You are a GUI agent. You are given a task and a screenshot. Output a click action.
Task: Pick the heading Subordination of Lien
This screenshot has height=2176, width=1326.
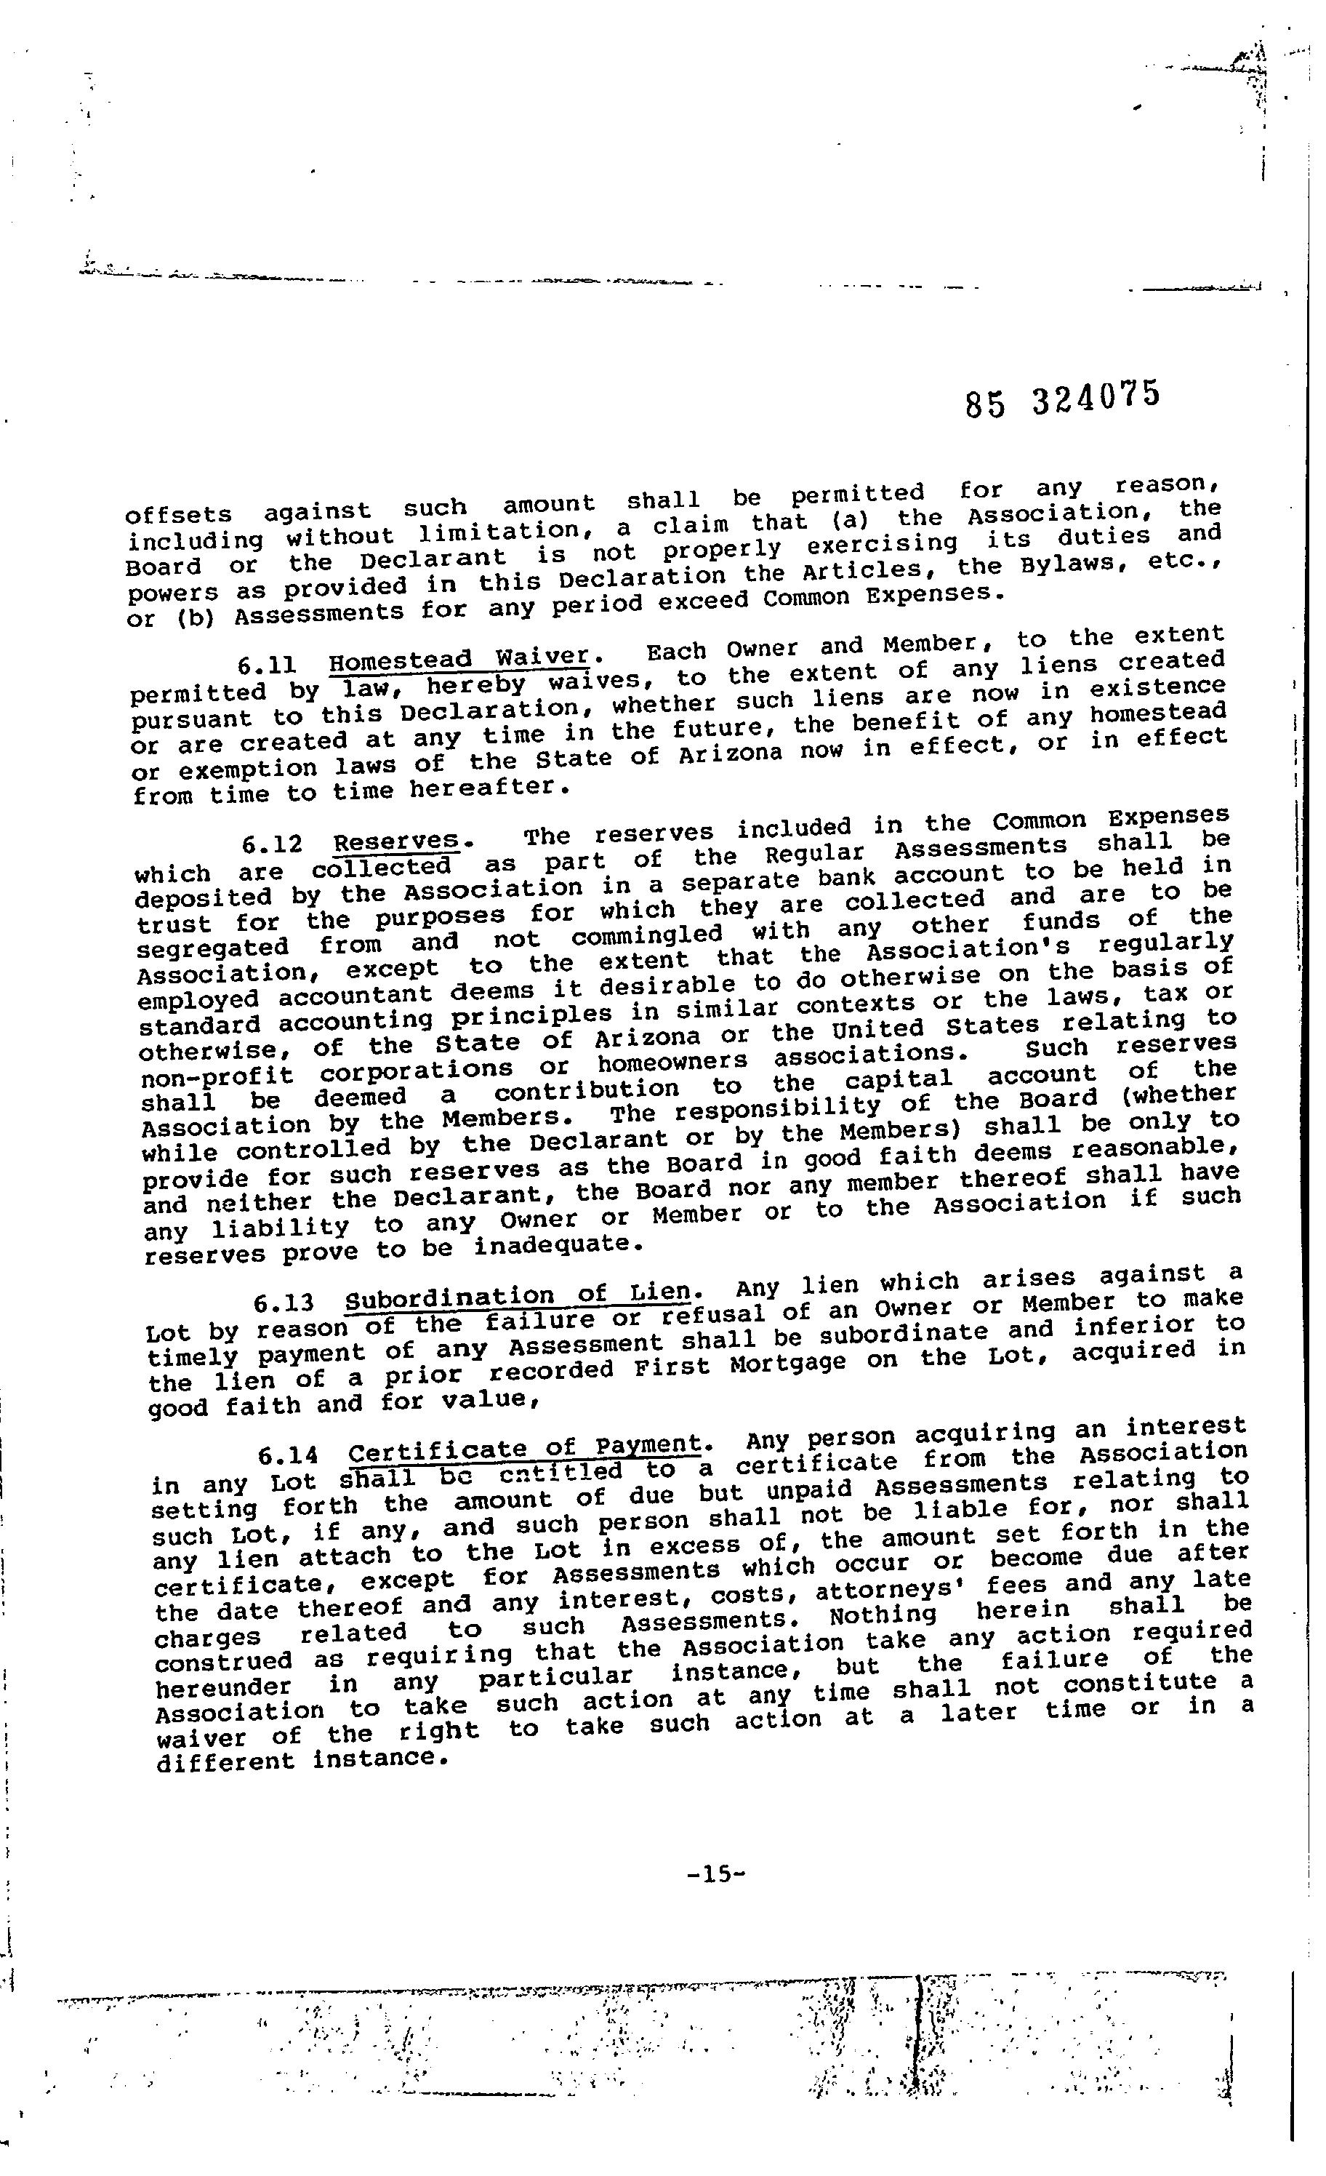pos(516,1297)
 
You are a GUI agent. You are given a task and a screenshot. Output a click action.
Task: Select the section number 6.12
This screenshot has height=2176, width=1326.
pos(271,845)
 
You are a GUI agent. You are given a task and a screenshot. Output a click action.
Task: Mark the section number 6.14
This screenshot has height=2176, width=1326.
pos(288,1455)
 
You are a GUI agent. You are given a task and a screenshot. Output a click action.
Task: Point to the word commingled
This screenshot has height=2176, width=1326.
pos(646,935)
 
